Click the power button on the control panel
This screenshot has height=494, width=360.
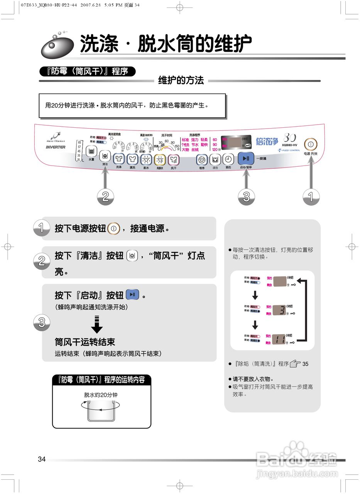[311, 144]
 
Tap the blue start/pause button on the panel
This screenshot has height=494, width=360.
[246, 158]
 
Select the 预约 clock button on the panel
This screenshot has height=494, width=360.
[228, 159]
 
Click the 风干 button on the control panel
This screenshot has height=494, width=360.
[173, 159]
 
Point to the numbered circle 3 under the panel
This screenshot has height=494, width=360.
[246, 197]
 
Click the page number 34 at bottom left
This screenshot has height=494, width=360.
[42, 459]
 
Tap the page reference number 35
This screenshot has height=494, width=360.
[305, 364]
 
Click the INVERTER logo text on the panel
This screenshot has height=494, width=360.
[56, 147]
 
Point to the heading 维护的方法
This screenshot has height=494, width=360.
[181, 81]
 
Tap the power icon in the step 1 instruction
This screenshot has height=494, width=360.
[113, 228]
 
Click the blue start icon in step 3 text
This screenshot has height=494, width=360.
[132, 295]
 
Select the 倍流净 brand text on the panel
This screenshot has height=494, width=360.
[267, 142]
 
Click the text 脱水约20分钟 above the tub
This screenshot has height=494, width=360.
[101, 395]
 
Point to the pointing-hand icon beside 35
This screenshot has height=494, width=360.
[295, 364]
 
